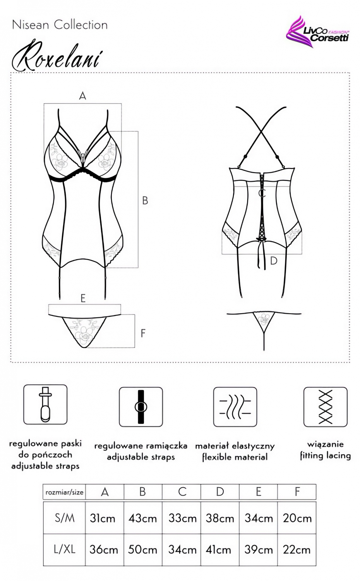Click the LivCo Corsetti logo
318,32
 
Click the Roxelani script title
57,56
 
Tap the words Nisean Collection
60,25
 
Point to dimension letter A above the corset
82,96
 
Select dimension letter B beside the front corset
145,201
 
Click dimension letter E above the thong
83,298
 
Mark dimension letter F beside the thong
143,333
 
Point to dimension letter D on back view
274,261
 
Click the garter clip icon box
45,404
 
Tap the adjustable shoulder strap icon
141,407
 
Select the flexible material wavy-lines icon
235,407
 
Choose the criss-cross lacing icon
325,407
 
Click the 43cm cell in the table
143,518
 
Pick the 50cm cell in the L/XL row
143,550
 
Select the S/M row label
64,518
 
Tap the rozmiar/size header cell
64,492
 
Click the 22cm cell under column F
297,550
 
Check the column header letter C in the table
182,492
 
